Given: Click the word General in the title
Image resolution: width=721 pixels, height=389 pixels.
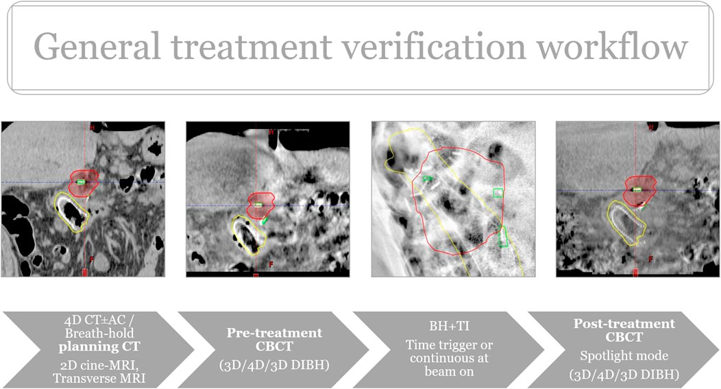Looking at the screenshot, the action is (97, 47).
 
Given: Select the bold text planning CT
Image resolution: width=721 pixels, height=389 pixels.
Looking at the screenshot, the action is (99, 346).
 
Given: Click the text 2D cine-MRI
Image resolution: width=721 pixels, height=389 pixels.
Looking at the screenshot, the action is (99, 366).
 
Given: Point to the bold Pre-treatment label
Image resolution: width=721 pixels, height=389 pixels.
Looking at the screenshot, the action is (275, 333).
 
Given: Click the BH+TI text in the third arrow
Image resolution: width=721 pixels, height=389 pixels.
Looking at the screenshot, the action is (449, 327).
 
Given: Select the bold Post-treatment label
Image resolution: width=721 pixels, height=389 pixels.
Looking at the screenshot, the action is (624, 324).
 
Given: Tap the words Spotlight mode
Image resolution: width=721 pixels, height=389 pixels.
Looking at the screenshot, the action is (624, 356).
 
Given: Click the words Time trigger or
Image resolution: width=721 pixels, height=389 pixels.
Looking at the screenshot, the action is (449, 345).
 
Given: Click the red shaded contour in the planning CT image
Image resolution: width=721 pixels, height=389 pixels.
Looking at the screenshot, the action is (84, 182).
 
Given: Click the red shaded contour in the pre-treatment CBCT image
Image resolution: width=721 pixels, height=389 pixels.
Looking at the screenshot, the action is (260, 205).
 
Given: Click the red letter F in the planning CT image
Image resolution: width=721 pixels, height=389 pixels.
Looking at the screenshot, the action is (92, 259).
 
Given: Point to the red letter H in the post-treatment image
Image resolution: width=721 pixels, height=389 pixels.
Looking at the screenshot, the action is (650, 127).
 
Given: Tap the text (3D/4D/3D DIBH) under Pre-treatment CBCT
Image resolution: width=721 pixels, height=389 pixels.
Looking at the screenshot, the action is (275, 365).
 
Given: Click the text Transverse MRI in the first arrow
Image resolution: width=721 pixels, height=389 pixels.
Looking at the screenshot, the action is (99, 379).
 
